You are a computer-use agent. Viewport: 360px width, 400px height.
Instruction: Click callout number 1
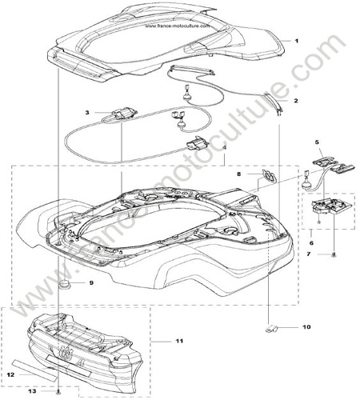tap(296, 41)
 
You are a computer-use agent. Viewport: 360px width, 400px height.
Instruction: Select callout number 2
tap(296, 101)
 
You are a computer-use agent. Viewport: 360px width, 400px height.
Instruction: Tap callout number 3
tap(87, 113)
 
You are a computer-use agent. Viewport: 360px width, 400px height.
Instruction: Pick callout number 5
tap(317, 142)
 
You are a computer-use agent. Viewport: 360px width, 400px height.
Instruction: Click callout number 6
tap(311, 243)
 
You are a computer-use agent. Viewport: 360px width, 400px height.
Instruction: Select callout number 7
tap(309, 254)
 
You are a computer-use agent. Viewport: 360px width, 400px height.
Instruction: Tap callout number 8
tap(239, 174)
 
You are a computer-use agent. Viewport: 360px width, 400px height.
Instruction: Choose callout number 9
tap(91, 282)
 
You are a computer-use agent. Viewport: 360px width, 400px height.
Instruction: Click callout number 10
tap(306, 326)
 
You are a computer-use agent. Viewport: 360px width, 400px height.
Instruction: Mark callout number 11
tap(179, 341)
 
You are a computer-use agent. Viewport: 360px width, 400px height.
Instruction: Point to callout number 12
tap(10, 375)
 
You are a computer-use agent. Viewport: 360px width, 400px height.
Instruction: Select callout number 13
tap(32, 391)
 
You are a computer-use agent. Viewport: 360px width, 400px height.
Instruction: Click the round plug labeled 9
tap(64, 284)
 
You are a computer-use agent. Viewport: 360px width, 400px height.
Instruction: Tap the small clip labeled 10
tap(271, 328)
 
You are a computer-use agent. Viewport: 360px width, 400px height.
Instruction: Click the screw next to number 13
tap(59, 392)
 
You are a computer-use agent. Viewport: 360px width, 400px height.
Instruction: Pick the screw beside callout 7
tap(334, 254)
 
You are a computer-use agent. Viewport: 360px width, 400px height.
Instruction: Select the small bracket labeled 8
tap(269, 175)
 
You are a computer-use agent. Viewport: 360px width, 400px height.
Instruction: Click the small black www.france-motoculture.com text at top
tap(178, 26)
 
